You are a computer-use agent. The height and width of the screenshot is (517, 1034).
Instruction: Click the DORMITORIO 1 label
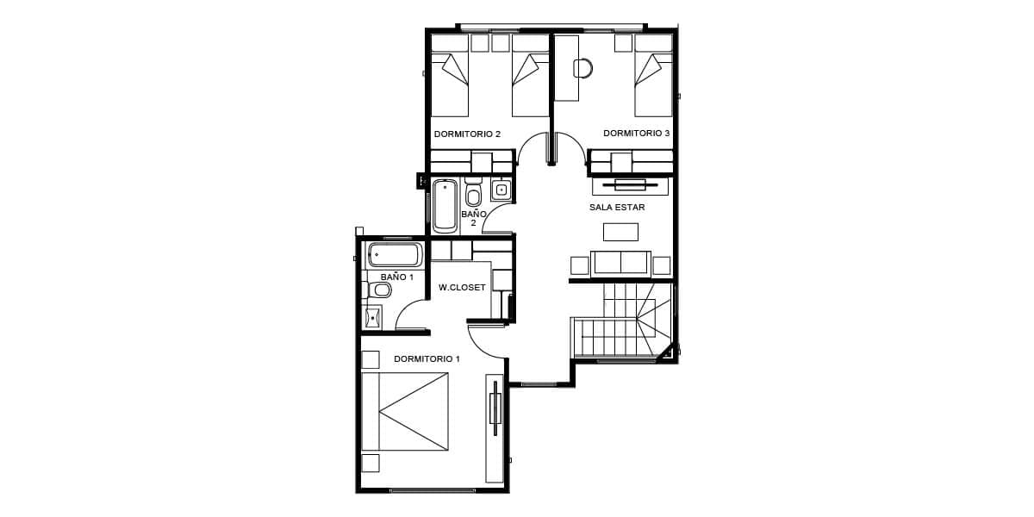(x=427, y=359)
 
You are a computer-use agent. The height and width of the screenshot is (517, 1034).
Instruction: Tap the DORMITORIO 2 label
(x=467, y=134)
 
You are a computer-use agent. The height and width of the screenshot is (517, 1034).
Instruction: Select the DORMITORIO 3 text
(x=636, y=134)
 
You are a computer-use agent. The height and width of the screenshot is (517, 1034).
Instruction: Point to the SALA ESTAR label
(x=617, y=208)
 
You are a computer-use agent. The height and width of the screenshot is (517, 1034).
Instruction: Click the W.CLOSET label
(x=462, y=288)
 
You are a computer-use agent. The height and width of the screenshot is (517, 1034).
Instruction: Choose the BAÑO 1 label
(x=396, y=277)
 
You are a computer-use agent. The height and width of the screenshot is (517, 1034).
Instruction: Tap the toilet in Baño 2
(x=473, y=192)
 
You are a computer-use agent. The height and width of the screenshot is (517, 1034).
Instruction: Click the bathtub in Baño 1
(x=395, y=255)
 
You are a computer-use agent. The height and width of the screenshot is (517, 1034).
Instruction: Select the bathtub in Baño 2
(x=445, y=205)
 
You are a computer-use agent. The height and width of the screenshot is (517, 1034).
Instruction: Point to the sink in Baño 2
(x=501, y=190)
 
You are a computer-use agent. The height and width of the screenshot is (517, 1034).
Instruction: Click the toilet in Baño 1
(x=380, y=290)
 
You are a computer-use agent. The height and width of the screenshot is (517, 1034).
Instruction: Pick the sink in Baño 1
(x=372, y=318)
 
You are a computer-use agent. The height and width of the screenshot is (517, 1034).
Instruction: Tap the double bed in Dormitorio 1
(x=405, y=411)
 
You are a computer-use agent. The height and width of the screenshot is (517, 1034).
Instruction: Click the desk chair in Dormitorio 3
(x=583, y=69)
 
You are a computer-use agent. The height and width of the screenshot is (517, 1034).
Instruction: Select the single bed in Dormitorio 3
(x=654, y=76)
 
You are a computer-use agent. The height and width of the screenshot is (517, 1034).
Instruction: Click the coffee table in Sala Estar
(x=621, y=232)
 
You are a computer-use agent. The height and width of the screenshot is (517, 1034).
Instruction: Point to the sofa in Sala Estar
(x=621, y=265)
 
